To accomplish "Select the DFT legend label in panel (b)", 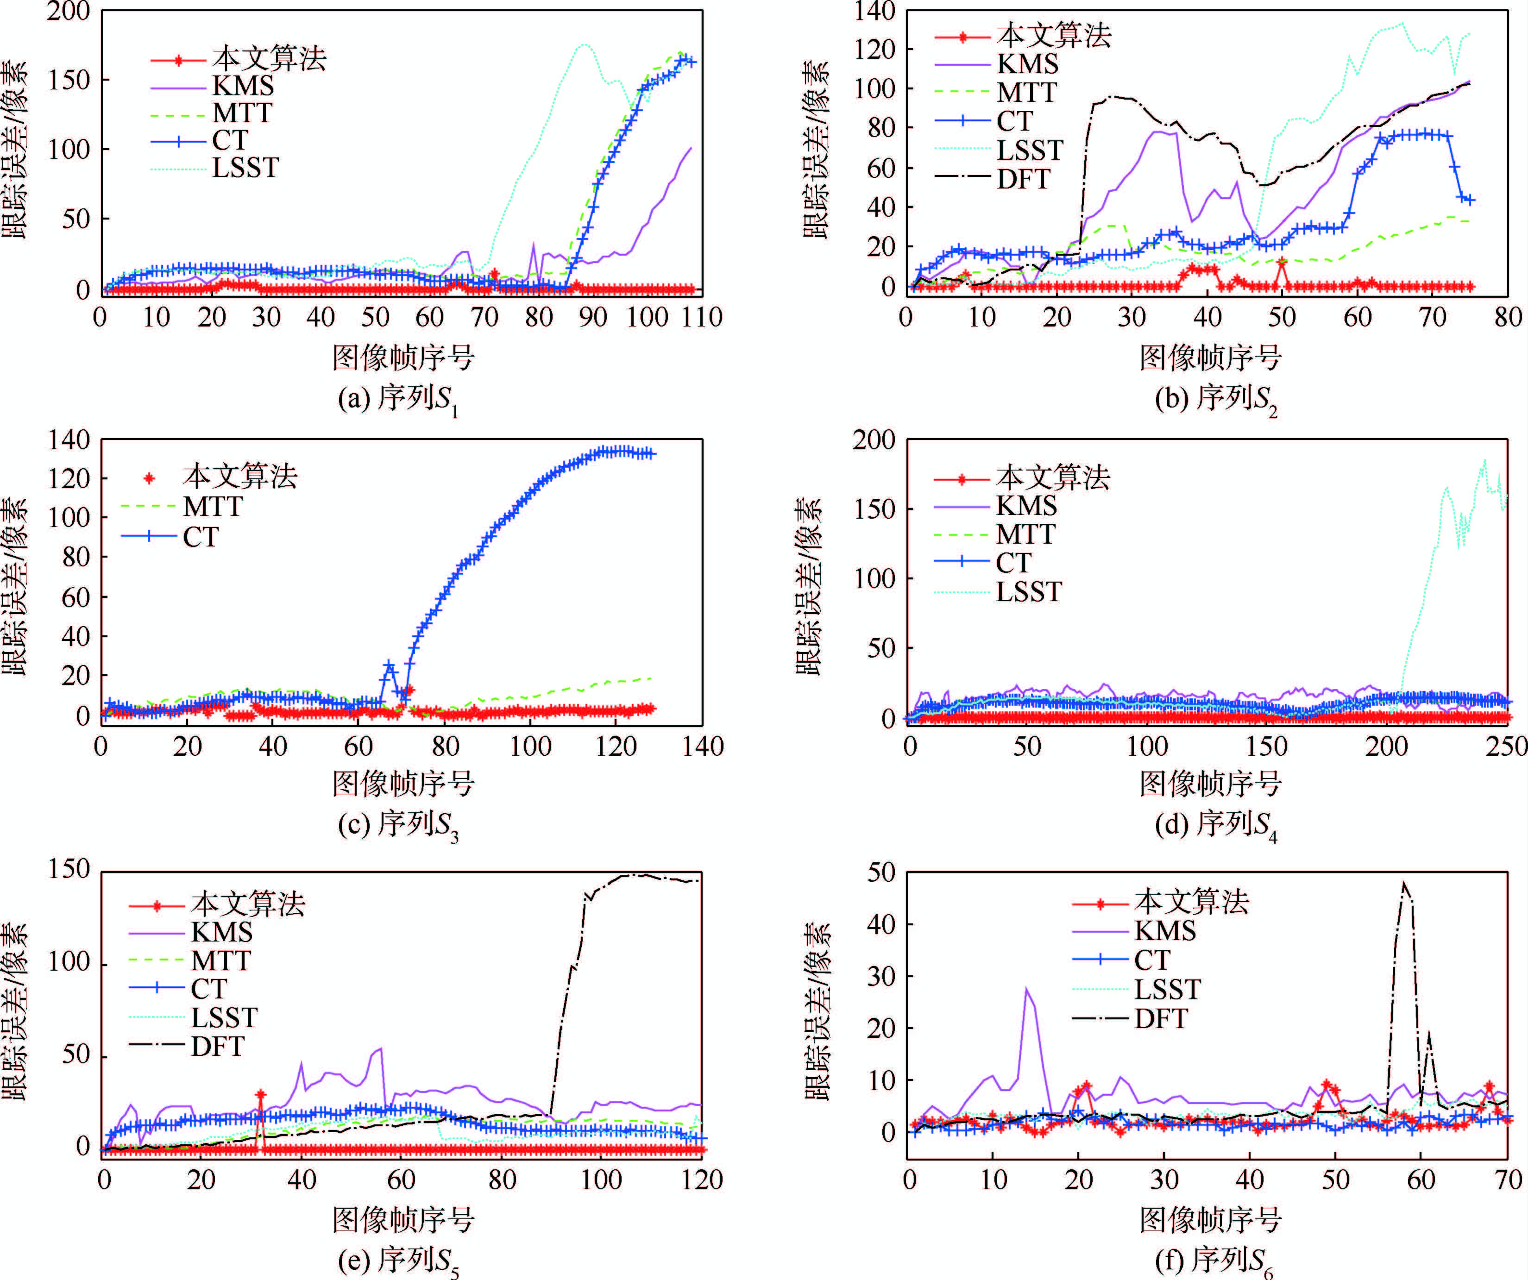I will pyautogui.click(x=1023, y=179).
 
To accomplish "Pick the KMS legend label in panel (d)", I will pyautogui.click(x=1026, y=506).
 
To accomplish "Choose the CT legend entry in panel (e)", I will pyautogui.click(x=209, y=989).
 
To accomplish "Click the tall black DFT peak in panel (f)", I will pyautogui.click(x=1403, y=885).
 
